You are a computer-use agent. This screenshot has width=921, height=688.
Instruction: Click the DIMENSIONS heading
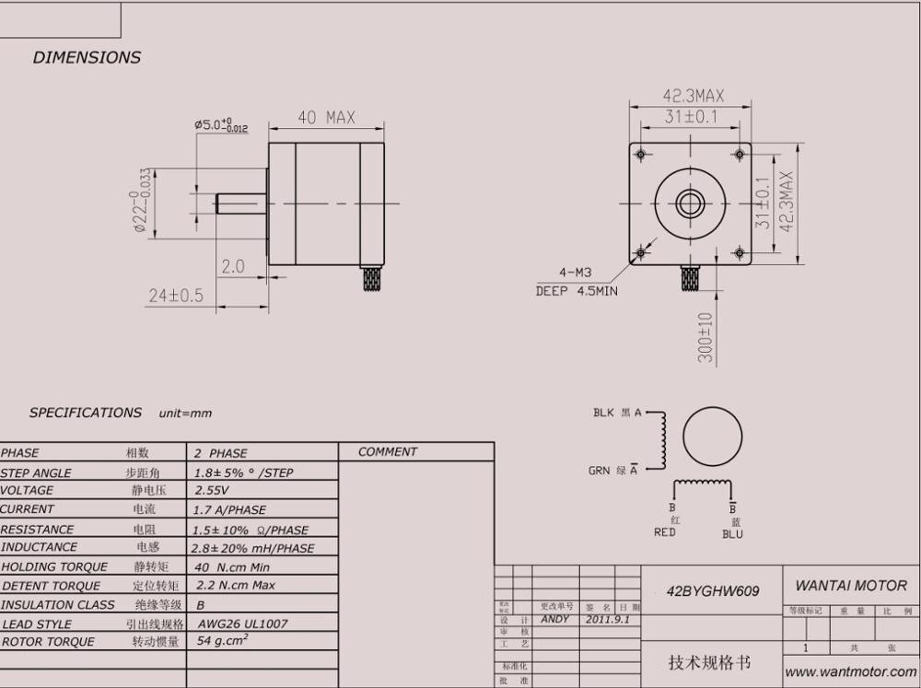(87, 57)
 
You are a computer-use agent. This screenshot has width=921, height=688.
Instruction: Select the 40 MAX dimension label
(326, 118)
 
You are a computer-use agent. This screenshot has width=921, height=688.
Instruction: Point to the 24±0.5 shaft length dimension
(175, 295)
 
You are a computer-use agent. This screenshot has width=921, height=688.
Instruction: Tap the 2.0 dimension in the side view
(233, 266)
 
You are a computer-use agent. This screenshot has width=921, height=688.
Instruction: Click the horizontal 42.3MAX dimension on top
(693, 96)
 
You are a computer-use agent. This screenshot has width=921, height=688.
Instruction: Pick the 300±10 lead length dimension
(705, 336)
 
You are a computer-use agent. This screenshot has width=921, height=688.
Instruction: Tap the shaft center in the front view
(689, 203)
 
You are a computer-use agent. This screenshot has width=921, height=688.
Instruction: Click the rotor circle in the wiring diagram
(713, 437)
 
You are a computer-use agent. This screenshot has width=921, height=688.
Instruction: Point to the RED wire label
(665, 532)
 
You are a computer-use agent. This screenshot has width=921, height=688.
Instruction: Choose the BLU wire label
(732, 533)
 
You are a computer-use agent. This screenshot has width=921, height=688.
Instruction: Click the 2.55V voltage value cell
(212, 490)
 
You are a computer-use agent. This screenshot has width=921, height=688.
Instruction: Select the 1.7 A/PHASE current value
(230, 509)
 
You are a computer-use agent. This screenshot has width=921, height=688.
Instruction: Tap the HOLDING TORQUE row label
(54, 566)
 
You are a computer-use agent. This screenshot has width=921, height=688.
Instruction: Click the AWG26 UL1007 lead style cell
(242, 624)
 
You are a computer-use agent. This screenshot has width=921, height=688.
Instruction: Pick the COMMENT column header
(388, 451)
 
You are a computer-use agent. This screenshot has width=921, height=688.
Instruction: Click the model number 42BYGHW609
(713, 591)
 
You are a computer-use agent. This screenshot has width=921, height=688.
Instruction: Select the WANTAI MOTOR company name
(850, 585)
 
